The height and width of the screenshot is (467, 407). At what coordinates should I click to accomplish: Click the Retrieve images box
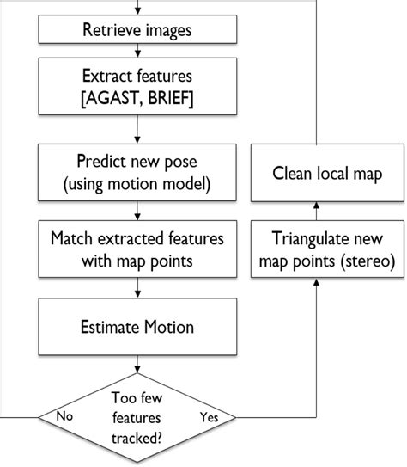[137, 30]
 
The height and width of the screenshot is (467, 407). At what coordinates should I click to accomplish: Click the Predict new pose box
[137, 173]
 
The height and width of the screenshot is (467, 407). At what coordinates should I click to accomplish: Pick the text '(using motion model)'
[137, 183]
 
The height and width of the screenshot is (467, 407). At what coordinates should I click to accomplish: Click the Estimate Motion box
[137, 328]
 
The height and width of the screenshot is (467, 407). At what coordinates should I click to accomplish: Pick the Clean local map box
[317, 173]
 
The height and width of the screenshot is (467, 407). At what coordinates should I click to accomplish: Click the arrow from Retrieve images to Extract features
[137, 52]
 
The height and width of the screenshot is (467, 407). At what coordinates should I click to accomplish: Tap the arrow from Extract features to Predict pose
[137, 128]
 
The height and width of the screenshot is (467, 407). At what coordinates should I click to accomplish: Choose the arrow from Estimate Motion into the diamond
[137, 364]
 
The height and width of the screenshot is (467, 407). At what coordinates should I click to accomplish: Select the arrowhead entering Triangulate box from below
[317, 284]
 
